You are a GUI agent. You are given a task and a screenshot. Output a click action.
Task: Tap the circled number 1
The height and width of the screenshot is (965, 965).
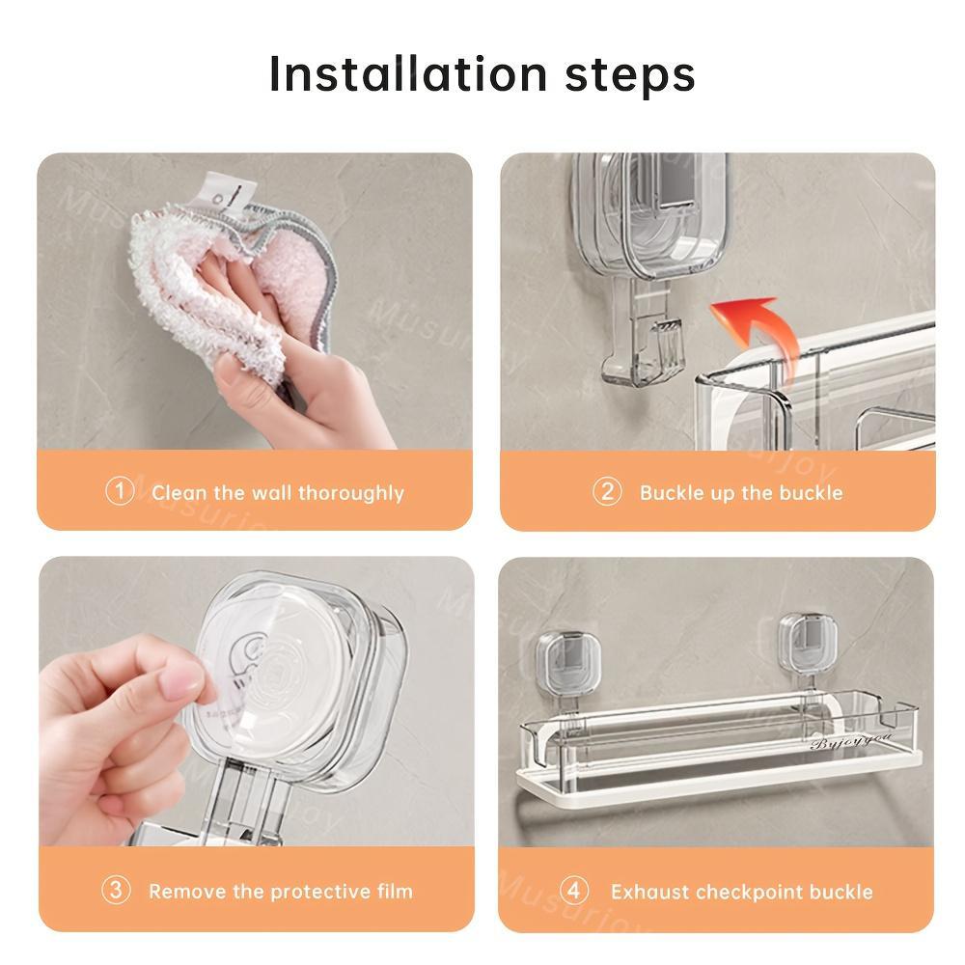point(119,491)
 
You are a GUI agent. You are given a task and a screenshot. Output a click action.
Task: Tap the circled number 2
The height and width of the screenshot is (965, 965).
point(606,491)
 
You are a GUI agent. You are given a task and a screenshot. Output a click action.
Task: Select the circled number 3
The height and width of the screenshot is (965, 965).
point(116,890)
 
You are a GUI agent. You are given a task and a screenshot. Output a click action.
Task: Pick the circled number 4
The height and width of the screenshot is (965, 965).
point(575,890)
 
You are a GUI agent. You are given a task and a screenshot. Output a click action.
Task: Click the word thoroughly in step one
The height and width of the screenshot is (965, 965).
point(350,493)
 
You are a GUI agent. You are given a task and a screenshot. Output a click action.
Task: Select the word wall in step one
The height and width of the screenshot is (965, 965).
point(271,493)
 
